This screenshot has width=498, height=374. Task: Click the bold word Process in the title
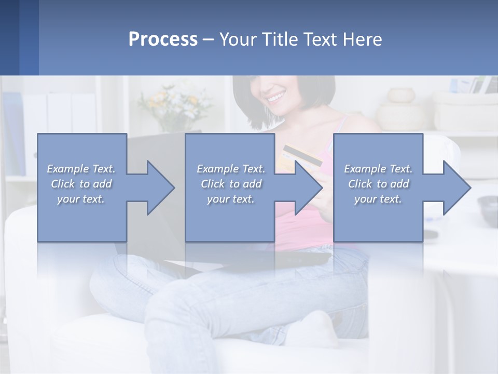[x=163, y=39]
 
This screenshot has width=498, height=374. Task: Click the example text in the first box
[x=81, y=183]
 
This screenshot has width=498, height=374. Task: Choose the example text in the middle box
[x=230, y=183]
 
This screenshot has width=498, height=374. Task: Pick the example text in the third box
[x=378, y=183]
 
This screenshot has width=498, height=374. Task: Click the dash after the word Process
[x=208, y=39]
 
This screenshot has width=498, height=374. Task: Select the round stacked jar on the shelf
[x=402, y=96]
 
